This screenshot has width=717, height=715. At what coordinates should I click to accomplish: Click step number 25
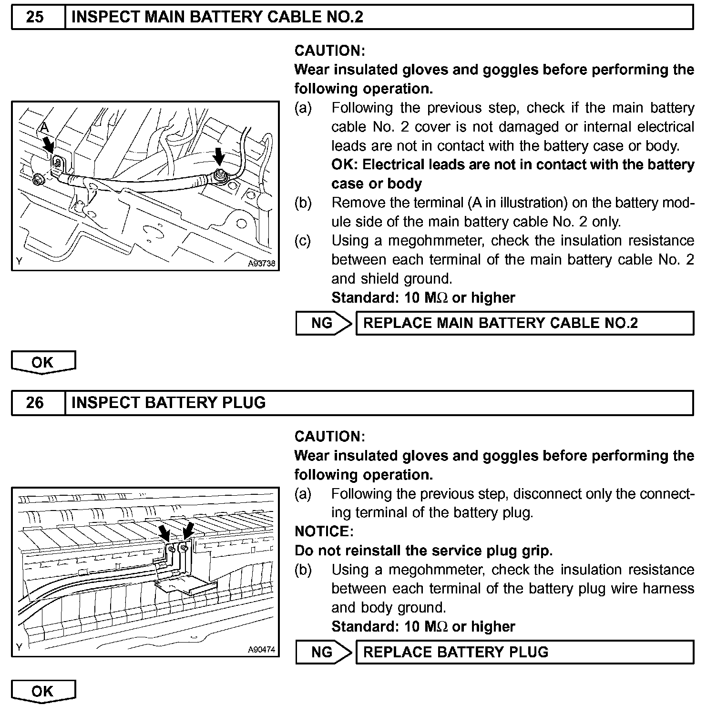tap(35, 17)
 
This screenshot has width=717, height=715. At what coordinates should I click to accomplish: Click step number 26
tap(35, 403)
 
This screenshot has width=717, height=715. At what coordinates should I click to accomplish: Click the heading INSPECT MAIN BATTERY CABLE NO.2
tap(217, 17)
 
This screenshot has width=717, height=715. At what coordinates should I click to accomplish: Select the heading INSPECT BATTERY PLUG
tap(168, 403)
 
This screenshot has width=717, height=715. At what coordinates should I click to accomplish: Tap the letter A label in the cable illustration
tap(44, 127)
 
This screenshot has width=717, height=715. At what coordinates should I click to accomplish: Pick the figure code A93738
tap(261, 264)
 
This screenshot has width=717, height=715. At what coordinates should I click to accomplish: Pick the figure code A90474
tap(261, 649)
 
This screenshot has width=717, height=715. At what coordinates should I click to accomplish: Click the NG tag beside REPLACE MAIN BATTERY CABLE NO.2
tap(322, 323)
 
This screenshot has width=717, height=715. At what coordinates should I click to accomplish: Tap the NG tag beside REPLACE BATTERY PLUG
tap(322, 652)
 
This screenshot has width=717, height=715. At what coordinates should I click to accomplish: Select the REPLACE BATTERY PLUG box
tap(524, 652)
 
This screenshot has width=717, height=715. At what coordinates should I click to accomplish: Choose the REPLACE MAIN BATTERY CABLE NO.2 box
tap(524, 323)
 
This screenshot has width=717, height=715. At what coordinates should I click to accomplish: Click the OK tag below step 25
tap(43, 362)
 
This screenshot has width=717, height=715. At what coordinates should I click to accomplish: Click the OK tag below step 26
tap(43, 691)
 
